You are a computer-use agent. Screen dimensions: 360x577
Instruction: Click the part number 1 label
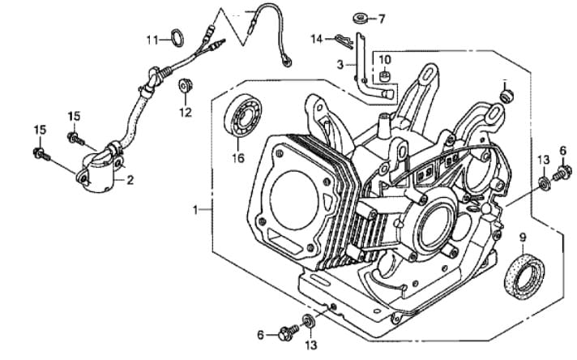coord(195,209)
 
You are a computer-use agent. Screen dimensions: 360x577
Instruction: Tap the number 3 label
coord(342,62)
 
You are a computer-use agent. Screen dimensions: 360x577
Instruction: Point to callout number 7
coord(383,18)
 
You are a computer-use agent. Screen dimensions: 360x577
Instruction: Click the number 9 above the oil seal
coord(522,238)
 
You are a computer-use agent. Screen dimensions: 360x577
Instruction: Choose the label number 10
coord(384,59)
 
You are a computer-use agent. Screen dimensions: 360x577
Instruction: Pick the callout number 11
coord(152,39)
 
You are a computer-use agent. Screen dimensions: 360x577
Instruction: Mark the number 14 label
coord(317,37)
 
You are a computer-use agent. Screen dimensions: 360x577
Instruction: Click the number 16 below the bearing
coord(238,157)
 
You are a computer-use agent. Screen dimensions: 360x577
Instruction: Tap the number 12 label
coord(186,112)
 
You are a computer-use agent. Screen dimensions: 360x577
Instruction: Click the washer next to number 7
coord(360,17)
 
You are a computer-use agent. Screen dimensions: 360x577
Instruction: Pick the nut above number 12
coord(185,84)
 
